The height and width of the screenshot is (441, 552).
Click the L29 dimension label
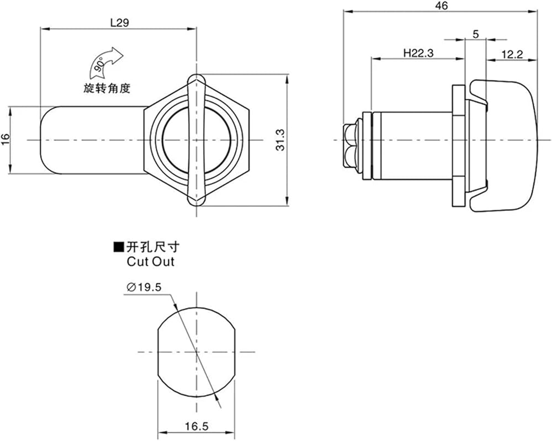coord(120,23)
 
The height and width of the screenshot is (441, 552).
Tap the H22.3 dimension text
coord(418,53)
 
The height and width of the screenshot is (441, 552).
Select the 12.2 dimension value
coord(512,55)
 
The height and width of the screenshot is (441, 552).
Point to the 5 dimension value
coord(476,34)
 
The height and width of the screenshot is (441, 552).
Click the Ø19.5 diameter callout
coord(144,288)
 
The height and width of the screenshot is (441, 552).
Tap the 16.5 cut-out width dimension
coord(197,427)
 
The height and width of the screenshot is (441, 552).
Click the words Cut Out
coord(150,262)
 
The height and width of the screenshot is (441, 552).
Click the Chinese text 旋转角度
coord(107,88)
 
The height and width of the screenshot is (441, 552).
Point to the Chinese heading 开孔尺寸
coord(153,247)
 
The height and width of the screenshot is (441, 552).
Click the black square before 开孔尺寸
coord(119,247)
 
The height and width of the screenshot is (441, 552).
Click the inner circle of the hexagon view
coord(197,140)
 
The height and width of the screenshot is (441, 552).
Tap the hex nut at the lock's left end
coord(351,145)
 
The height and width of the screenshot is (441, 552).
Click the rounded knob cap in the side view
coord(504,146)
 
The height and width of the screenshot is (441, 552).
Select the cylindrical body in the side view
coord(412,146)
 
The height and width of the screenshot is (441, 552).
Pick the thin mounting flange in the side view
coord(459,146)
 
